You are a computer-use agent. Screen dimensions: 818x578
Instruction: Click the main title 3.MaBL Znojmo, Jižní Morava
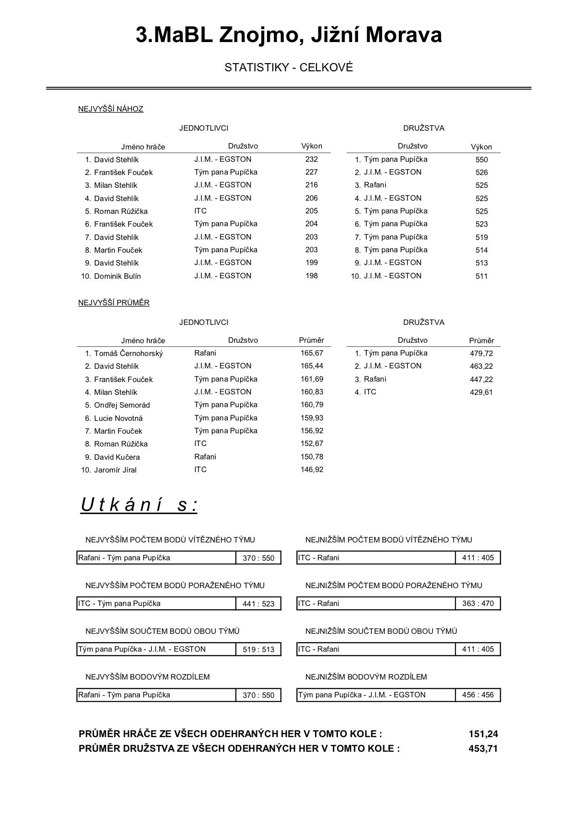[x=289, y=35]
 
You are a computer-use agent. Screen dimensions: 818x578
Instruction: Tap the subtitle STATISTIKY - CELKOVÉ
[x=289, y=68]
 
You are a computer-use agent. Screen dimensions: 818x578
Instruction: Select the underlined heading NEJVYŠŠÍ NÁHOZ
[x=111, y=109]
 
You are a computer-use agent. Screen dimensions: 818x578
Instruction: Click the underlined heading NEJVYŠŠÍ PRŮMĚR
[x=114, y=303]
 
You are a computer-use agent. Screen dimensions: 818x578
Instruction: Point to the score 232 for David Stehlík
[x=311, y=159]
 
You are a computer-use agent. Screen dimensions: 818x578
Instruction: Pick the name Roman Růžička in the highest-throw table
[x=121, y=211]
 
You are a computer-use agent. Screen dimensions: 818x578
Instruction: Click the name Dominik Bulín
[x=118, y=276]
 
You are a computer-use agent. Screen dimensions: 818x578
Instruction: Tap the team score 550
[x=482, y=159]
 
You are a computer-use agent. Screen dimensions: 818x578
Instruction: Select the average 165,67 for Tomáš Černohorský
[x=312, y=353]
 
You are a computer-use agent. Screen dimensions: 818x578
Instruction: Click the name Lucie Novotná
[x=118, y=418]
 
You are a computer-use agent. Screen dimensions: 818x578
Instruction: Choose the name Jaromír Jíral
[x=115, y=470]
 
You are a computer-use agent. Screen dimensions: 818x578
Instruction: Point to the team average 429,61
[x=482, y=392]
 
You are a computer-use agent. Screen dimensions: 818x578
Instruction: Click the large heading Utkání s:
[x=139, y=505]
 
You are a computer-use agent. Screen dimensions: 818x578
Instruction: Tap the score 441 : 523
[x=258, y=604]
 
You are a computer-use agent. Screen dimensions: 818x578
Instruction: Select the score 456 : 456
[x=478, y=695]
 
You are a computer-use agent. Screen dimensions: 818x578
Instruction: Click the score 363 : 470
[x=478, y=603]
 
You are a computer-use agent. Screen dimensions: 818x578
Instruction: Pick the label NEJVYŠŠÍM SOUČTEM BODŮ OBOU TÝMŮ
[x=162, y=631]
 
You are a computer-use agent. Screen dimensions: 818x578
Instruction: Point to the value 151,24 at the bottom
[x=483, y=734]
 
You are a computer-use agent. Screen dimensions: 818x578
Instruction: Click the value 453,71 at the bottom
[x=483, y=749]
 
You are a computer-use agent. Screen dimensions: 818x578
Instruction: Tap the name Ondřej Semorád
[x=122, y=405]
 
